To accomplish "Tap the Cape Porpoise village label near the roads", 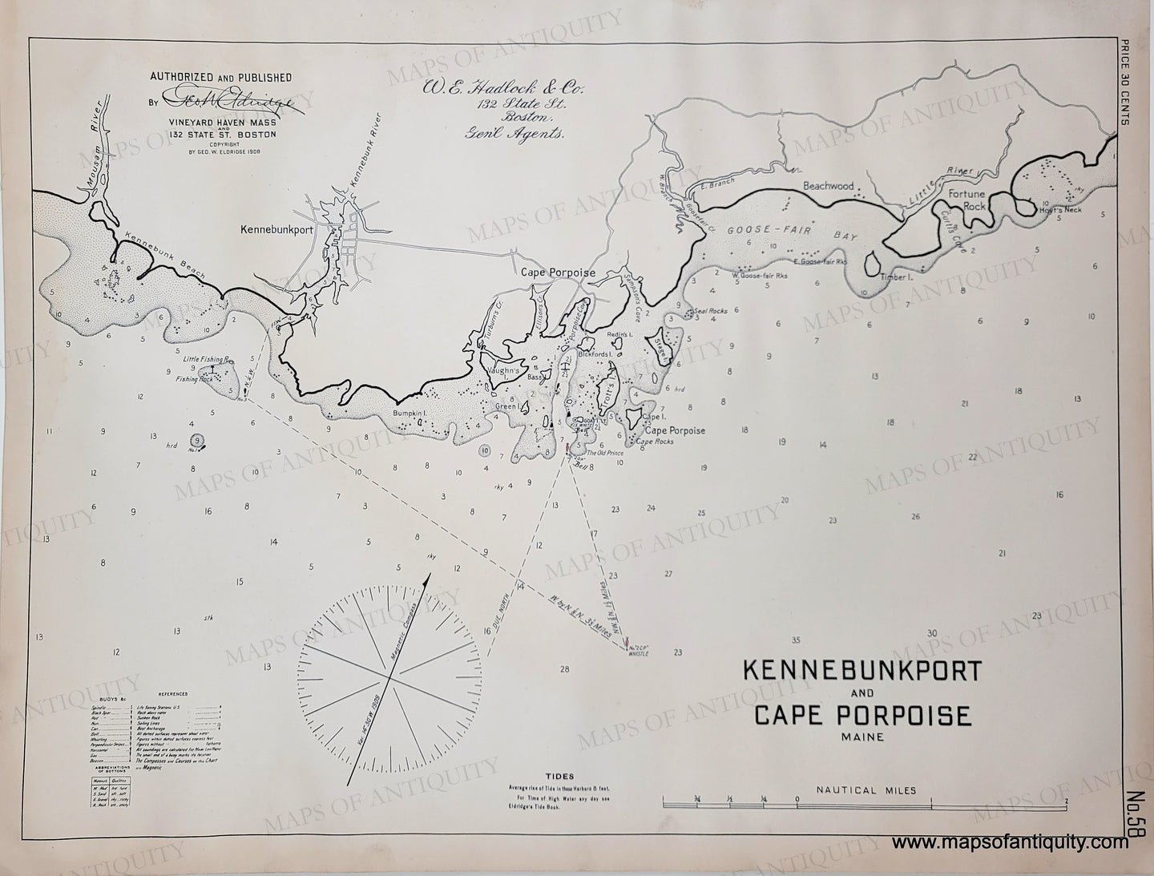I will click(x=558, y=272).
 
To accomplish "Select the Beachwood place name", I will click(x=829, y=186).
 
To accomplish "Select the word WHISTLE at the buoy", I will click(x=639, y=654).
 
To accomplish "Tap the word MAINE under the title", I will click(x=861, y=736).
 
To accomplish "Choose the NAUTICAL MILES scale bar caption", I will click(x=865, y=790).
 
